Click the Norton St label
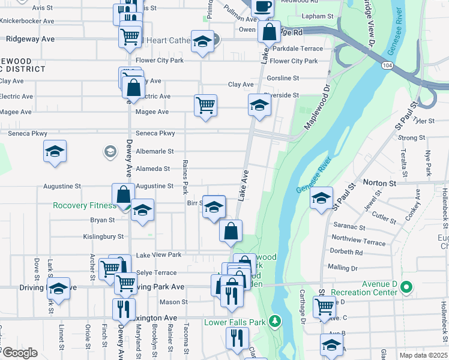pos(379,182)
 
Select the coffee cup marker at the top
pos(261,7)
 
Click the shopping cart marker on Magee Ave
pos(205,106)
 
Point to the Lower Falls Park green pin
pos(275,322)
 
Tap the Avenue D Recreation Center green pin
pos(406,287)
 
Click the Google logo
pos(20,353)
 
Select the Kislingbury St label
pos(99,237)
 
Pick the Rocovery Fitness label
pos(84,206)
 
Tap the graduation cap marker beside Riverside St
pos(259,106)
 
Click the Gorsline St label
pos(283,79)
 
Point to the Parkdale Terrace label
pos(298,49)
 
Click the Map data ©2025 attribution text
pos(423,355)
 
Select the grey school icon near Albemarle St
pos(109,151)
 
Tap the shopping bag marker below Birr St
pos(231,230)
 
